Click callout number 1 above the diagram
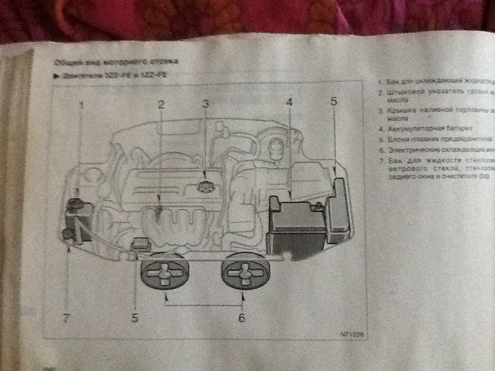tap(81, 105)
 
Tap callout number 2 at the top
tap(161, 105)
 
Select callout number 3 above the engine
tap(205, 104)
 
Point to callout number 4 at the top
tap(290, 103)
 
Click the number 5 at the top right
tap(334, 102)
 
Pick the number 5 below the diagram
tap(135, 318)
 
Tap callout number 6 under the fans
tap(242, 317)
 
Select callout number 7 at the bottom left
tap(65, 318)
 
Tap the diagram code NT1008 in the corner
tap(352, 334)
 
